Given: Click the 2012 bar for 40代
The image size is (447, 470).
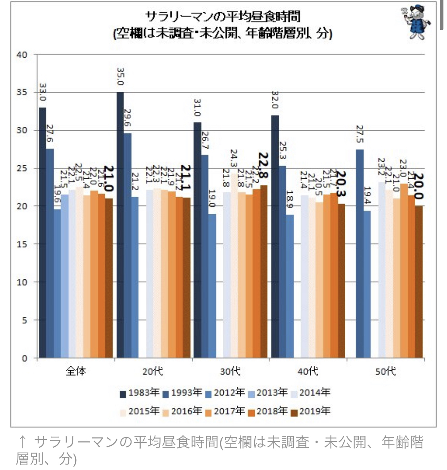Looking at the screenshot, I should (x=290, y=286).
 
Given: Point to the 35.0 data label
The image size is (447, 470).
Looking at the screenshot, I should (x=120, y=77).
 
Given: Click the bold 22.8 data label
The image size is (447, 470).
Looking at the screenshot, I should (x=263, y=165).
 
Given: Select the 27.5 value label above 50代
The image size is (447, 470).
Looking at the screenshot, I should (x=360, y=134).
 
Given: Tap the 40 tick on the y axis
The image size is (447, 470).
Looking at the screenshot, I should (x=22, y=54).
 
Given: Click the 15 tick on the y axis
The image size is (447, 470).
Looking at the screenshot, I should (x=22, y=244).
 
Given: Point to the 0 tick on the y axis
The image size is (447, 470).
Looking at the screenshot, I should (x=25, y=358).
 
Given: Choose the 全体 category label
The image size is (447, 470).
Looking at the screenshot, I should (x=75, y=371).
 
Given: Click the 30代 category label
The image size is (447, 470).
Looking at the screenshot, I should (x=230, y=371).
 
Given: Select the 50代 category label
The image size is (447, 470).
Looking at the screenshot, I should (x=385, y=371).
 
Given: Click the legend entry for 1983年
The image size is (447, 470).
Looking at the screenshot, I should (x=139, y=393).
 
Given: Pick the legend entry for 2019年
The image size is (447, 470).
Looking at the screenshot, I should (x=310, y=411).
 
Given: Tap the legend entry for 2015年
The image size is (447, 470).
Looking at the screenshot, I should (x=139, y=411).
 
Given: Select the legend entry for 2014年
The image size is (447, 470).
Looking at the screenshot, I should (x=310, y=393).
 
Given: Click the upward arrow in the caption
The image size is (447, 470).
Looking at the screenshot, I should (x=23, y=442).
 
